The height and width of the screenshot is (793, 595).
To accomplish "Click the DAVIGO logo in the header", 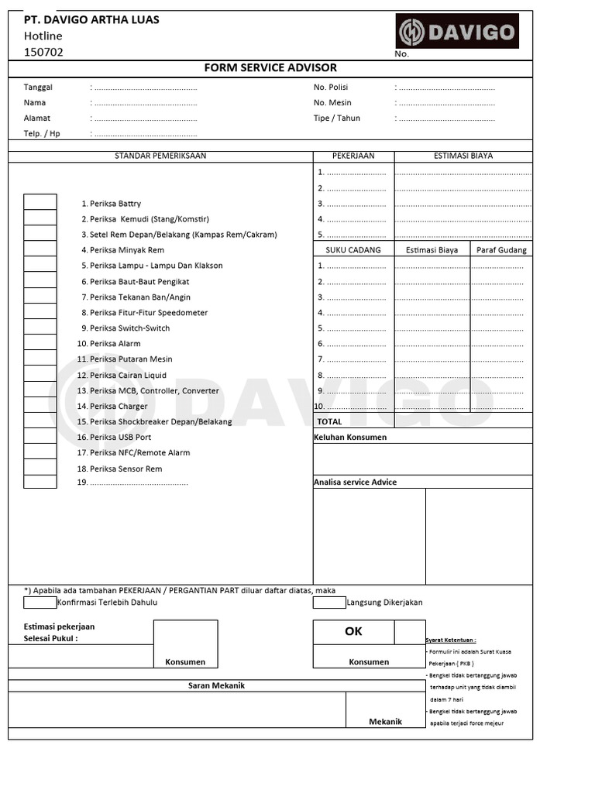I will (x=457, y=32).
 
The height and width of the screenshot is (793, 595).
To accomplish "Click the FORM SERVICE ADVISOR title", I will (x=270, y=68).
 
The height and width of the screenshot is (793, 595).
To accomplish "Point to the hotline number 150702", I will (x=43, y=53).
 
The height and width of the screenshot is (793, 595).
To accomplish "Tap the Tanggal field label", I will (x=38, y=88).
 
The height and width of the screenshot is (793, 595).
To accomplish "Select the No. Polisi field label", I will (x=331, y=88).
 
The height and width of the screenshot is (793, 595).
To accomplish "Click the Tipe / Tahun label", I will (x=336, y=118).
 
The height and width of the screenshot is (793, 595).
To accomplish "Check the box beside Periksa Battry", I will (x=40, y=202).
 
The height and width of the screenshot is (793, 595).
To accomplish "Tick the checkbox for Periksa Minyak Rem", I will (x=40, y=249).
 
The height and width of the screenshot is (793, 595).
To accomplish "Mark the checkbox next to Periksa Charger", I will (x=40, y=405).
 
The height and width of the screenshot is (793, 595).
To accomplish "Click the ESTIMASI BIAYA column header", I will (x=463, y=156).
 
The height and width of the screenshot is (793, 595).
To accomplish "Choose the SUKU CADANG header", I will (x=353, y=250).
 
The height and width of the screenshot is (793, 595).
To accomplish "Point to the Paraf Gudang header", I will (x=501, y=250).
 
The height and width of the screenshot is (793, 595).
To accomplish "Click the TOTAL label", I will (x=329, y=421).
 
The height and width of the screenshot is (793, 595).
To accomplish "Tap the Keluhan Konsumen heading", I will (x=350, y=438).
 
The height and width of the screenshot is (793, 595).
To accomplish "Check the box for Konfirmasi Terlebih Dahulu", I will (x=40, y=602).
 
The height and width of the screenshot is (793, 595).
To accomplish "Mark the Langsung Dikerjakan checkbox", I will (x=329, y=602).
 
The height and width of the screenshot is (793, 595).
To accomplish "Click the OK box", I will (x=353, y=632).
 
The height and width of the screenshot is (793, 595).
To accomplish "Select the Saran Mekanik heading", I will (x=217, y=686).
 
